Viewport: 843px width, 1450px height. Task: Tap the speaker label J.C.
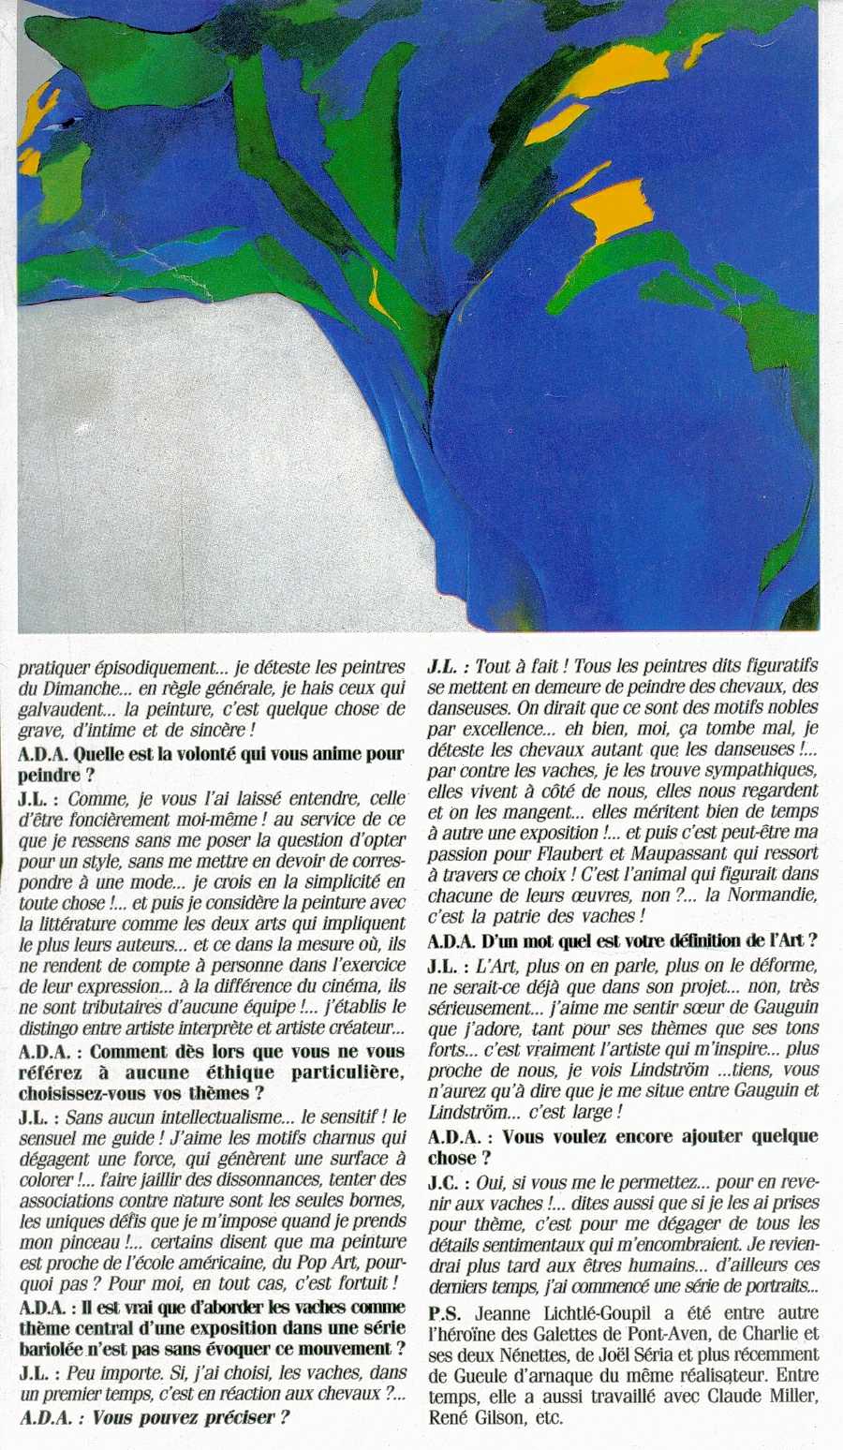pos(446,1182)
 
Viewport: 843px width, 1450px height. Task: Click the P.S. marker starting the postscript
pos(444,1313)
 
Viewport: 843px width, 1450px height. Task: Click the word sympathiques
pos(759,770)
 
